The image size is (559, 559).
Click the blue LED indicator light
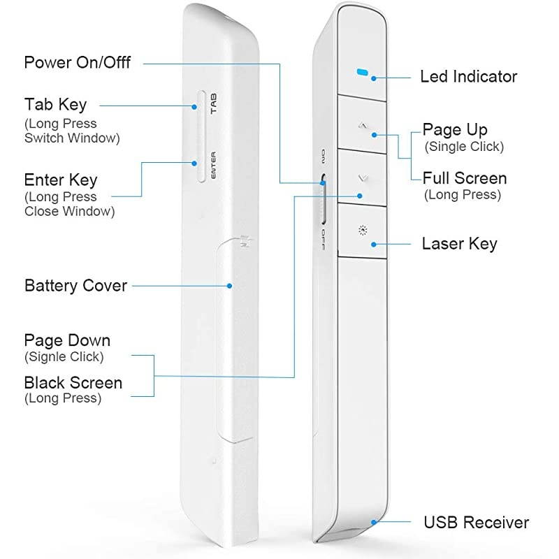pyautogui.click(x=362, y=72)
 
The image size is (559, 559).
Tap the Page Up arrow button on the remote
pyautogui.click(x=362, y=126)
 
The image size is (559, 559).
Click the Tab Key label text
pyautogui.click(x=56, y=105)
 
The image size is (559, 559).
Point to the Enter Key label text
pyautogui.click(x=61, y=181)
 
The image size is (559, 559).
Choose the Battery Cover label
pyautogui.click(x=75, y=286)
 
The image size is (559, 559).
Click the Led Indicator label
pyautogui.click(x=468, y=76)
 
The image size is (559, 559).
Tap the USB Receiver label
pyautogui.click(x=477, y=523)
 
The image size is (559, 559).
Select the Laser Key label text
pyautogui.click(x=459, y=244)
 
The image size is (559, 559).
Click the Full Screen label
pyautogui.click(x=465, y=178)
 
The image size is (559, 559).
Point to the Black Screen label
pyautogui.click(x=73, y=383)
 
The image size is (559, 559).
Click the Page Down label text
pyautogui.click(x=67, y=341)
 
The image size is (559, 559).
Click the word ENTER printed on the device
pyautogui.click(x=215, y=165)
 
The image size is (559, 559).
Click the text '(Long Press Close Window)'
pyautogui.click(x=69, y=204)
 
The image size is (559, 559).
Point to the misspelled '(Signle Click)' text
pyautogui.click(x=64, y=356)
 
